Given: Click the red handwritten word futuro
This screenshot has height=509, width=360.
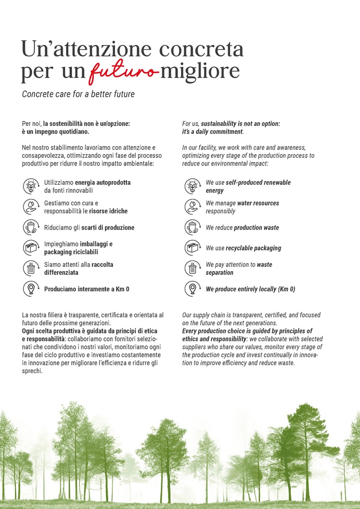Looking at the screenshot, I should point(122,72).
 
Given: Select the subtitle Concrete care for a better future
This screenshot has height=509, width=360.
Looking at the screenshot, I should point(78,95).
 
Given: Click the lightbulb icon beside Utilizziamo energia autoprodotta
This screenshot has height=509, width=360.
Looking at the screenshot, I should point(31,186).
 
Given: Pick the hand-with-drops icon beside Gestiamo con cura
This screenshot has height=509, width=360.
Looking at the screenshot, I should point(31,207).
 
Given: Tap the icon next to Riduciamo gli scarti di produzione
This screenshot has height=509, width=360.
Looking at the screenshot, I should point(31,228).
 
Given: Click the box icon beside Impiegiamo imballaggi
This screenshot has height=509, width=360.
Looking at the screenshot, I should point(31,248).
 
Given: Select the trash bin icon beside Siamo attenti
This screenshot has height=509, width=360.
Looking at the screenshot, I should point(31,268).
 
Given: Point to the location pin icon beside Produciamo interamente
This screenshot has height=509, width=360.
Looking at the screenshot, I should point(31,289).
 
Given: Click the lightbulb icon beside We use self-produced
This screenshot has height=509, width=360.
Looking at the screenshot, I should point(192,186).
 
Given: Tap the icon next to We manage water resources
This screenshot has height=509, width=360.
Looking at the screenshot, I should point(192,207).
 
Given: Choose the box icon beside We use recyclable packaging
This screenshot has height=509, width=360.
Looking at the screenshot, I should point(192,248).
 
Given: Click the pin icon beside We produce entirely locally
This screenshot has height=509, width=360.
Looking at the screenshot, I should point(192,289).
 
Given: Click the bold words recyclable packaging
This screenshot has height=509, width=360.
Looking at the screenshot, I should point(254,248).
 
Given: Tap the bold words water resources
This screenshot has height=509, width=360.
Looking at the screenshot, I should point(258,203).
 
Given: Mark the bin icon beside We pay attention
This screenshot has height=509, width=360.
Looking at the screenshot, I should point(192,268).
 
